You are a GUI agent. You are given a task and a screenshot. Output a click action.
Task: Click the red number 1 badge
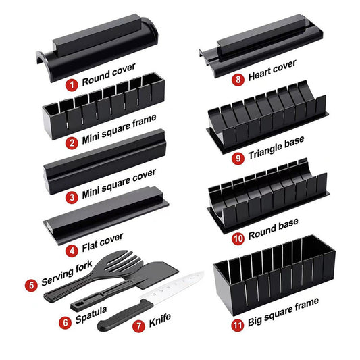tap(72, 85)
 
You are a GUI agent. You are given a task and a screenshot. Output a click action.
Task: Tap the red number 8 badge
tap(238, 79)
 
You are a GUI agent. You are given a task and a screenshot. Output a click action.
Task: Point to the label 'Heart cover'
tap(273, 74)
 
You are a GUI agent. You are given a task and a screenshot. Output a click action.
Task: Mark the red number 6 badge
tap(66, 322)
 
